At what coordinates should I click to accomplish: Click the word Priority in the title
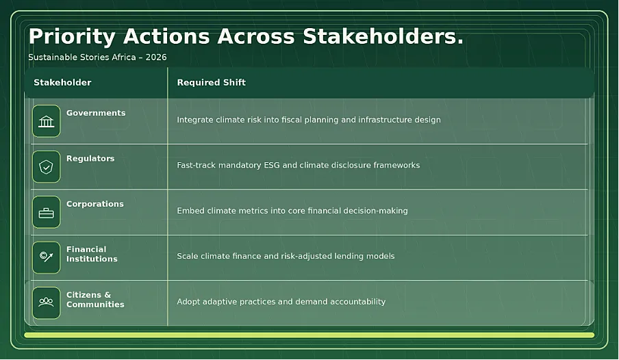coord(71,37)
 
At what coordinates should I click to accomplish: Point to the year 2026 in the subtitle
coord(156,57)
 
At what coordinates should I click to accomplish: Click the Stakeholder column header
coord(62,83)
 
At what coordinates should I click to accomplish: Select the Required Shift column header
coord(211,83)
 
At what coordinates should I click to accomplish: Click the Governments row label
coord(96,113)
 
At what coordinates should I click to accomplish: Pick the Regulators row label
coord(90,159)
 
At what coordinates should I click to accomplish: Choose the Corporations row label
coord(95,204)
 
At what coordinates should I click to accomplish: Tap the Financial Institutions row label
coord(92,254)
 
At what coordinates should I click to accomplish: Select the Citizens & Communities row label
coord(95,300)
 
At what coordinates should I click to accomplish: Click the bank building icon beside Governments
coord(46,121)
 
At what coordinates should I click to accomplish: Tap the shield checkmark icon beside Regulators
coord(46,167)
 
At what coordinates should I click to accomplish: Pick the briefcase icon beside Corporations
coord(46,213)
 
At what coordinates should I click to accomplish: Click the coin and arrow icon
coord(46,257)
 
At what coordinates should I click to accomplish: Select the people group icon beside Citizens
coord(46,303)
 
